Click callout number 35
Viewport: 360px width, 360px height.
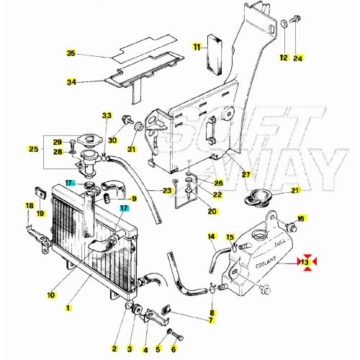click(x=71, y=54)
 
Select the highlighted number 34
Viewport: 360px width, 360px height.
click(x=71, y=82)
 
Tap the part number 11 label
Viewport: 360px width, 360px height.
click(x=197, y=47)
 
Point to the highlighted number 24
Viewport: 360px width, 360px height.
click(x=298, y=57)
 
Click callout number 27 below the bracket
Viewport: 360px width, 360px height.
click(x=246, y=174)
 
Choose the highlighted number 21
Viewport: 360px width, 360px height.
click(x=295, y=190)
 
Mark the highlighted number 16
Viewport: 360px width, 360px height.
click(x=302, y=217)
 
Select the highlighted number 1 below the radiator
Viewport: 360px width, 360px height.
click(x=68, y=307)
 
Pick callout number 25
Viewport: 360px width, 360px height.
click(x=33, y=149)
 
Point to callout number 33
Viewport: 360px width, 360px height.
click(x=107, y=115)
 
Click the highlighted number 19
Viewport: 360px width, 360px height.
click(x=41, y=214)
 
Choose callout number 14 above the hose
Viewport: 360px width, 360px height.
click(x=212, y=236)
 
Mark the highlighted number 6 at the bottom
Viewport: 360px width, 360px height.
click(x=174, y=349)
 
